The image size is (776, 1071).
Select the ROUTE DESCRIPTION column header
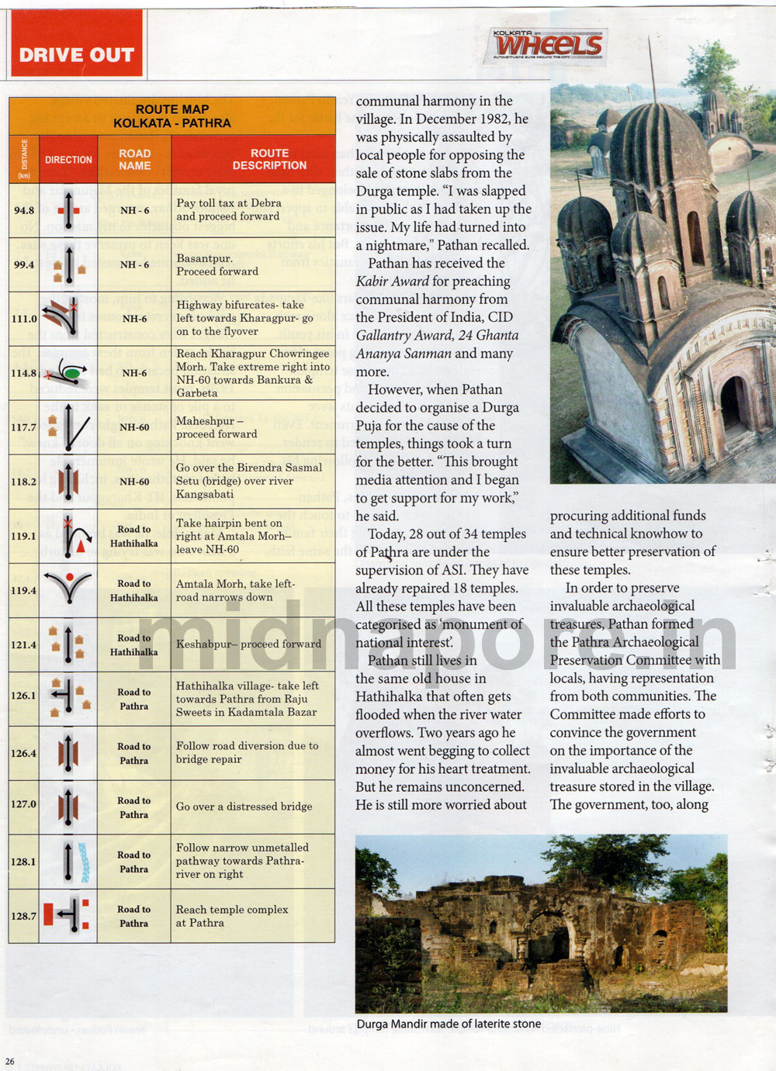(269, 159)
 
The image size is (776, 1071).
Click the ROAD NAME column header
(134, 159)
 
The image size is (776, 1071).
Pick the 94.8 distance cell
(24, 210)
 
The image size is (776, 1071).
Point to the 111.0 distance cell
(24, 319)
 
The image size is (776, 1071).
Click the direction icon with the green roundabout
(68, 373)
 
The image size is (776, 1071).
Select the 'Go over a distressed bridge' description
(244, 807)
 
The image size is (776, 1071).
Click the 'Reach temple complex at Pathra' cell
(231, 916)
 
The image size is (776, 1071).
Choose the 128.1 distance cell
(24, 862)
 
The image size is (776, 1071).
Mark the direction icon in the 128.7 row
(68, 916)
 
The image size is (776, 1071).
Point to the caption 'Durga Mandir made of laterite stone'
(449, 1024)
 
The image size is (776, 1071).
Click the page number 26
(9, 1062)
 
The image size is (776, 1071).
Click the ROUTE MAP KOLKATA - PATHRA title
(171, 116)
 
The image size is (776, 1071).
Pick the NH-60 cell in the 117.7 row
(134, 427)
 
